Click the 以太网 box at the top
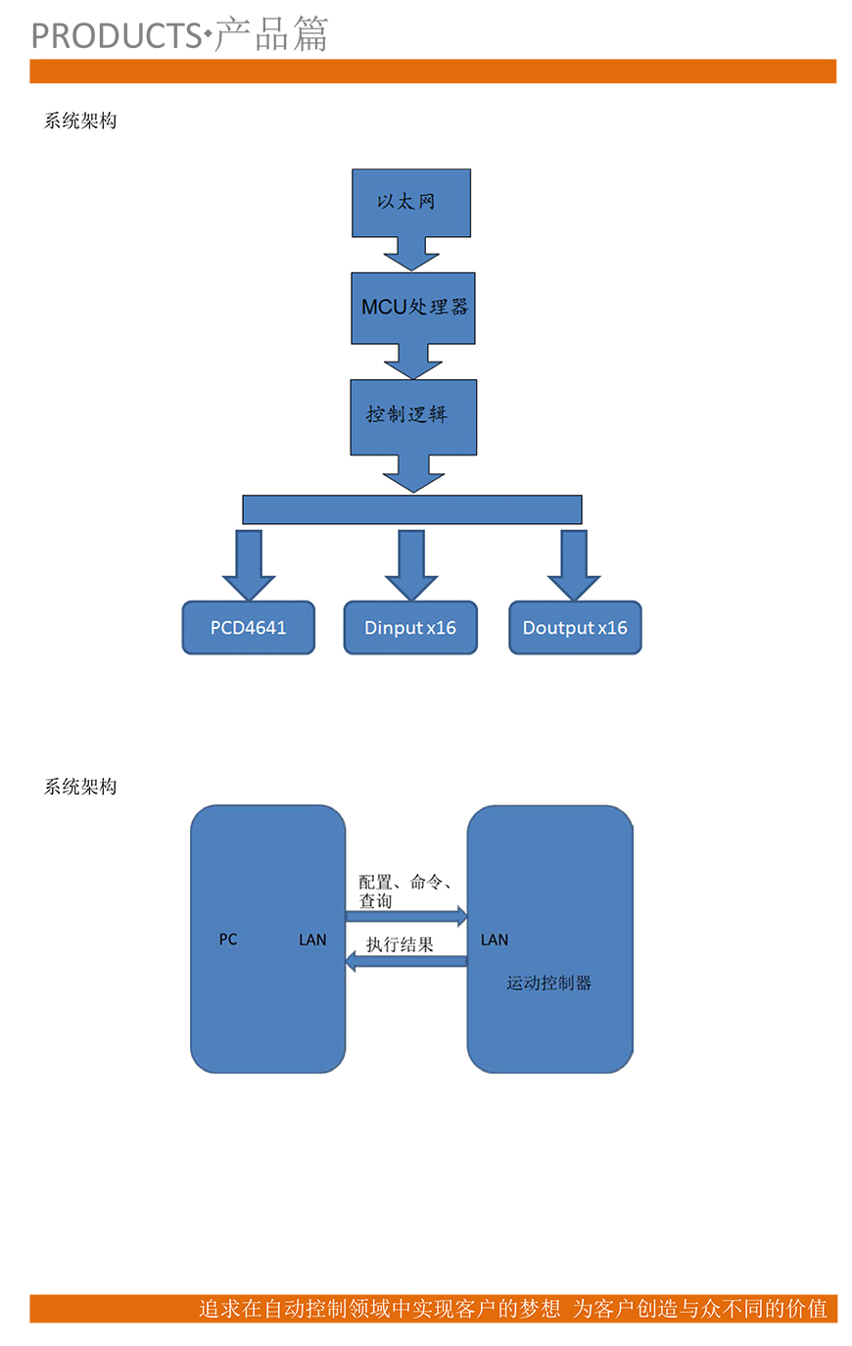tap(411, 202)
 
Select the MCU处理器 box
tap(413, 308)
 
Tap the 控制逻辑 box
tap(413, 416)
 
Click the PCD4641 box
tap(249, 628)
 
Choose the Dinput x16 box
tap(410, 628)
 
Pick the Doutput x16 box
tap(575, 628)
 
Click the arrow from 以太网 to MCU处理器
tap(411, 254)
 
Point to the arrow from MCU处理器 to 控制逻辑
tap(412, 361)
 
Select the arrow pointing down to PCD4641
tap(249, 566)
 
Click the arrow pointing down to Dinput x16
tap(411, 566)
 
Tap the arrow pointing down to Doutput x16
tap(574, 566)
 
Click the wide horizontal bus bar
tap(412, 509)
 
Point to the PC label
tap(228, 939)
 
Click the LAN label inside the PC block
tap(312, 939)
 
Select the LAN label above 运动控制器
tap(495, 939)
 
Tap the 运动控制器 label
tap(549, 983)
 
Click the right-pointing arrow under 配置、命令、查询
tap(406, 917)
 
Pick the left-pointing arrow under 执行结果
tap(406, 962)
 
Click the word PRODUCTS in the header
tap(116, 36)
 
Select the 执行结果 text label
tap(400, 944)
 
